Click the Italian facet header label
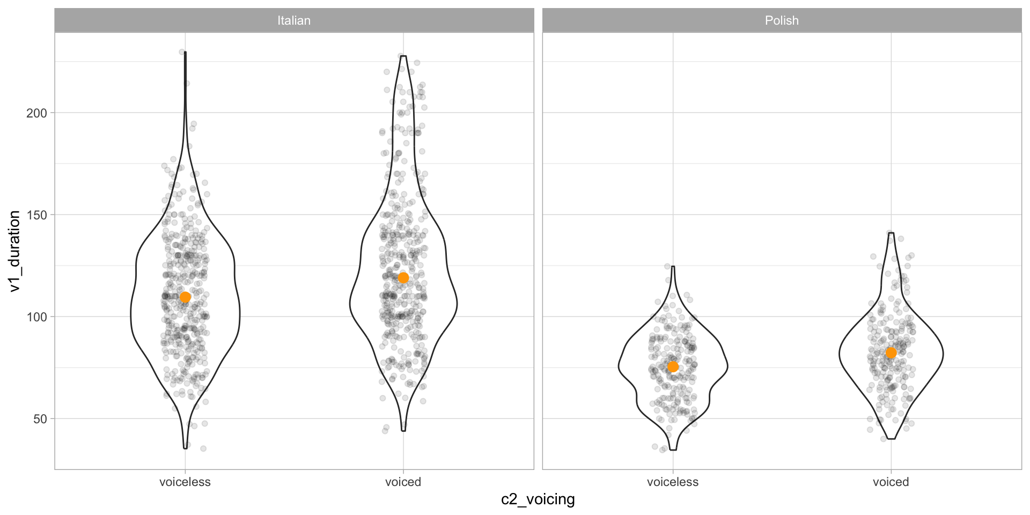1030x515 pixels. tap(293, 20)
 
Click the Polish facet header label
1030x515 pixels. tap(782, 20)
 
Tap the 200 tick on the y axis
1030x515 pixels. tap(37, 113)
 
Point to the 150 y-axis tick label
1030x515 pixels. tap(37, 215)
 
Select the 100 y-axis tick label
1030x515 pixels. tap(37, 317)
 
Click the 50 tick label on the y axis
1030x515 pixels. tap(40, 419)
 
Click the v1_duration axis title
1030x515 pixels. tap(14, 251)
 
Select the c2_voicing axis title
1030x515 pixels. tap(538, 499)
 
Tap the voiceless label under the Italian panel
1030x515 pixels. tap(185, 482)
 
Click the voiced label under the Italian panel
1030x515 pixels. tap(403, 482)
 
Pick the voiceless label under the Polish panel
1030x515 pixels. tap(673, 482)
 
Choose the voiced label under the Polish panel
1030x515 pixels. tap(891, 482)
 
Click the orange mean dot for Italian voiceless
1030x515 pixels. tap(185, 297)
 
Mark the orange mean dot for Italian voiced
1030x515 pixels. tap(403, 277)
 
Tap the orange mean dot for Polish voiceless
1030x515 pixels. tap(673, 367)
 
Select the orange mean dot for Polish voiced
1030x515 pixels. tap(891, 352)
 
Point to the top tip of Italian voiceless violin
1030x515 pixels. tap(185, 53)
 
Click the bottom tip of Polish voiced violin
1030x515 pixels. tap(891, 439)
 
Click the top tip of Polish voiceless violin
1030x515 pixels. tap(673, 267)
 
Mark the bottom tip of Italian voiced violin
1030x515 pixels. tap(403, 431)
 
